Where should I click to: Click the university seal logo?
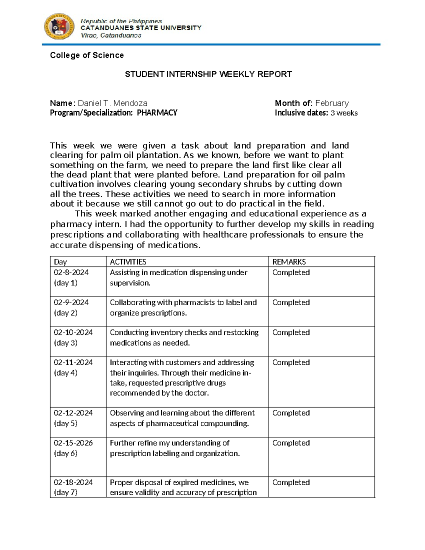[x=59, y=27]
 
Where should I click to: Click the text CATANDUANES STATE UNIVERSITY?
[x=141, y=28]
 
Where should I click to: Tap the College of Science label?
[x=87, y=55]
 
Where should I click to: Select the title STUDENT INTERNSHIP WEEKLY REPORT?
[x=208, y=74]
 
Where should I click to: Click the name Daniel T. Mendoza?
[x=113, y=103]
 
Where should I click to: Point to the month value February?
[x=332, y=103]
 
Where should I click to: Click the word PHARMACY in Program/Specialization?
[x=157, y=113]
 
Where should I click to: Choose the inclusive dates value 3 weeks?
[x=344, y=113]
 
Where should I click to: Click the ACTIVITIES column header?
[x=128, y=262]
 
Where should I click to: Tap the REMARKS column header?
[x=289, y=262]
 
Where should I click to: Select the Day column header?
[x=60, y=262]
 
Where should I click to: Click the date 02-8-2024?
[x=71, y=272]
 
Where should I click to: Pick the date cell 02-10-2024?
[x=73, y=332]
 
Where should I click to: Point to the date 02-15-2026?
[x=73, y=443]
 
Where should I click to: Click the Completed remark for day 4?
[x=291, y=362]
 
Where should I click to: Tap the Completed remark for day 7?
[x=291, y=482]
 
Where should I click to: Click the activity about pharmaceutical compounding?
[x=182, y=418]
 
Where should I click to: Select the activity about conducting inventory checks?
[x=184, y=338]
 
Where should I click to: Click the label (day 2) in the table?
[x=66, y=313]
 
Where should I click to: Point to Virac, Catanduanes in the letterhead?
[x=111, y=35]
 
